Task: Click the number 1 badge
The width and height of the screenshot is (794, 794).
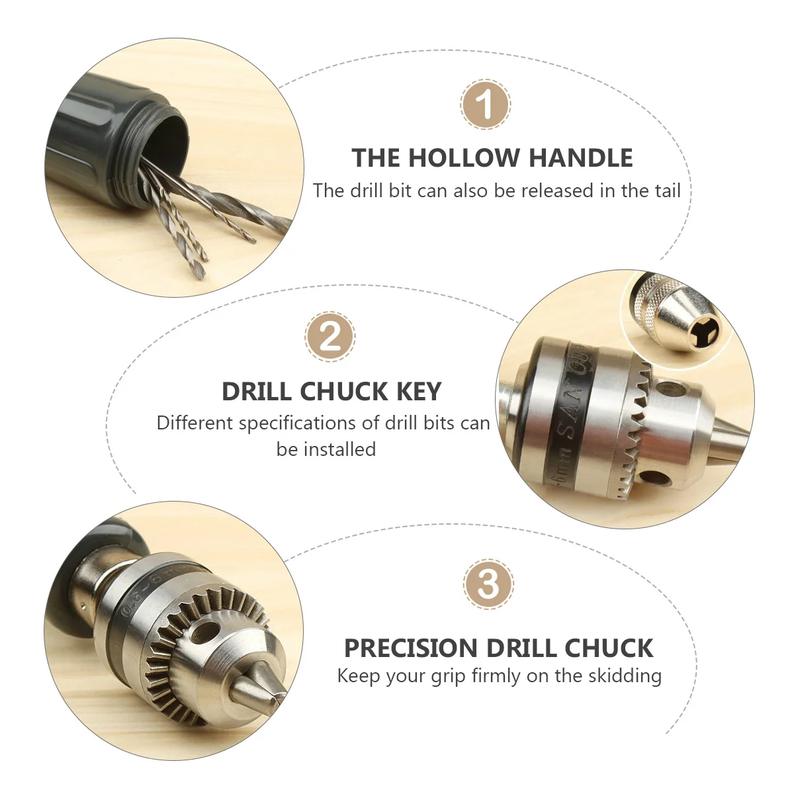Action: click(486, 105)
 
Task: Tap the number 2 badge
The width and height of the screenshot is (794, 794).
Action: click(330, 336)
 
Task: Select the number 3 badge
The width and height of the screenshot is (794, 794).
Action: click(488, 584)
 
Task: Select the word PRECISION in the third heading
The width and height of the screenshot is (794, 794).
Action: click(410, 648)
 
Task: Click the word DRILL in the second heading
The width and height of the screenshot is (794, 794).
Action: click(258, 392)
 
